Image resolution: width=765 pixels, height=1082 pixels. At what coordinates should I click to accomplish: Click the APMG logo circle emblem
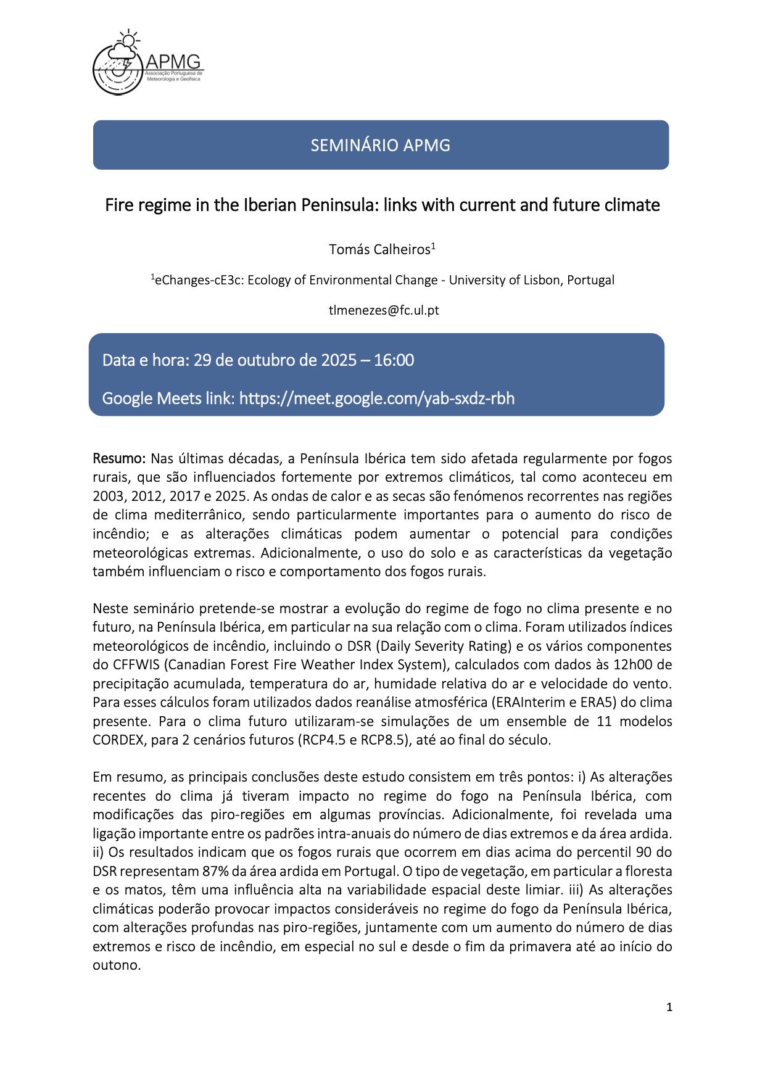point(117,69)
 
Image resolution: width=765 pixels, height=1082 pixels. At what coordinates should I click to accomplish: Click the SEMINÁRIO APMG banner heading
point(380,146)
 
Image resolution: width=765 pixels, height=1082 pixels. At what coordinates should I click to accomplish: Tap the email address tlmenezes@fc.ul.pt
point(384,310)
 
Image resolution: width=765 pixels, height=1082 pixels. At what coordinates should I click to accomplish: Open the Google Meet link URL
point(376,399)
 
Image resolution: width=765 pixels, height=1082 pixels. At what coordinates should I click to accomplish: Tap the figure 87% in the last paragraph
point(215,871)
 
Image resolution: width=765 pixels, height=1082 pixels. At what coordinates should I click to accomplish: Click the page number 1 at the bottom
point(669,1007)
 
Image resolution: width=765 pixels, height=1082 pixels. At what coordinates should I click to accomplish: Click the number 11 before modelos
point(604,721)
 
